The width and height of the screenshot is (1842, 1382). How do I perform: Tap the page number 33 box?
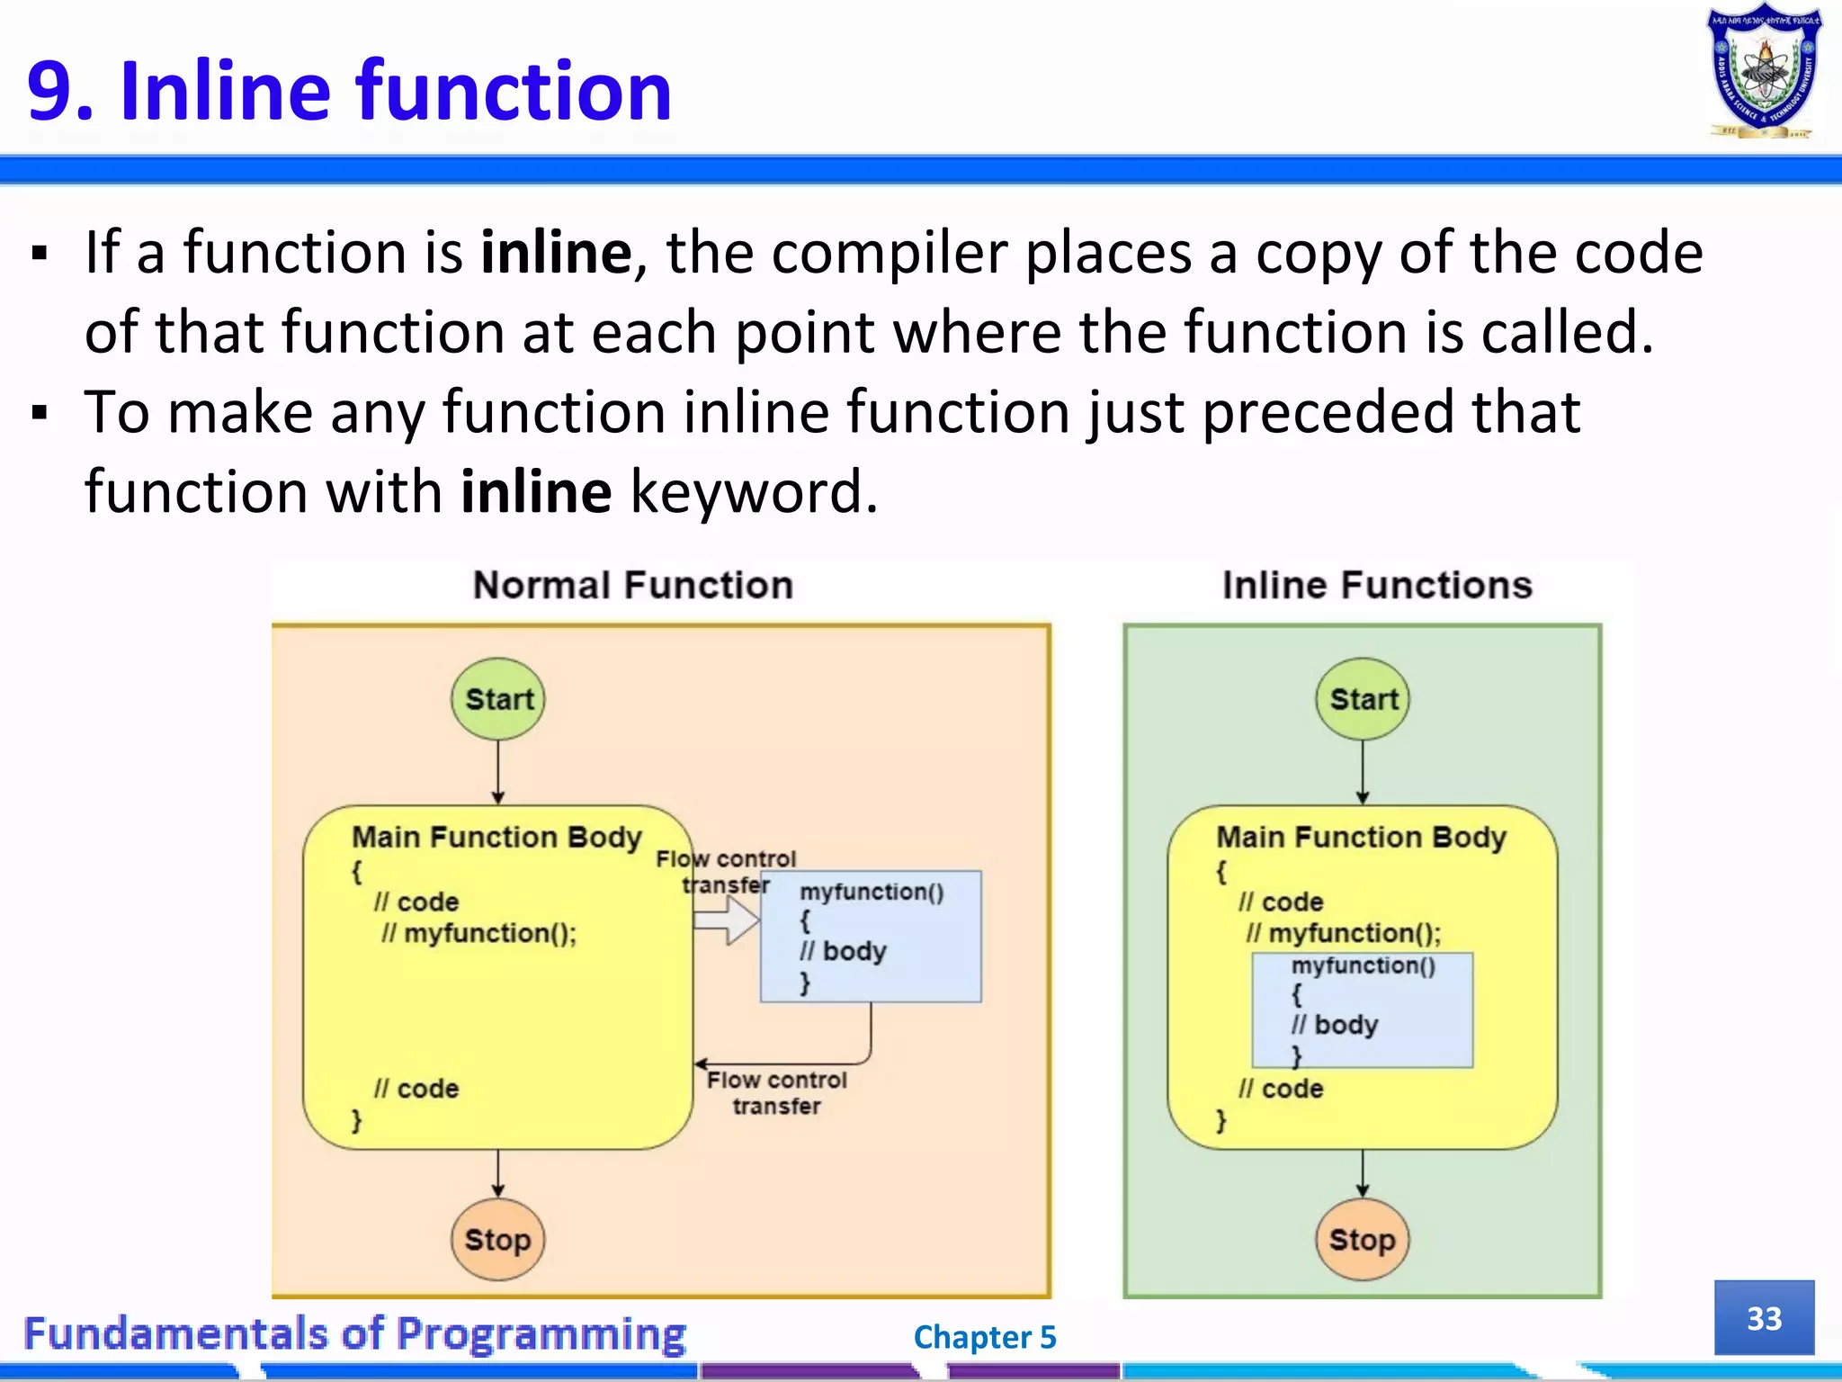click(x=1764, y=1318)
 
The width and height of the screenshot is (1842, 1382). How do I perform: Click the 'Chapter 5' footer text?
click(x=985, y=1337)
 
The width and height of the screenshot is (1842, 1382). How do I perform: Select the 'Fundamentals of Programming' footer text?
click(x=354, y=1333)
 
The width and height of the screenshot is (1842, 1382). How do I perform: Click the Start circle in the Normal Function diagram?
click(x=498, y=699)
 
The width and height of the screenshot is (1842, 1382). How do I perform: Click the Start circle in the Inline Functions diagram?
click(x=1363, y=699)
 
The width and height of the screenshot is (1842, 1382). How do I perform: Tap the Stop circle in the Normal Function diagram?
click(x=497, y=1240)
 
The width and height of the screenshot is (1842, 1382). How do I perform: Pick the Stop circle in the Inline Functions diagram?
click(x=1362, y=1240)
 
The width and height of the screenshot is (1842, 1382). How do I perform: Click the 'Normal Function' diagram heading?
click(x=633, y=586)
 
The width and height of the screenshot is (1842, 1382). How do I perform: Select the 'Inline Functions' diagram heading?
click(x=1377, y=586)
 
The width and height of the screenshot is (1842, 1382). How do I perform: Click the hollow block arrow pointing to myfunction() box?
click(x=727, y=921)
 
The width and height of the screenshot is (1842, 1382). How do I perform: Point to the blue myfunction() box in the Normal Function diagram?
click(x=871, y=936)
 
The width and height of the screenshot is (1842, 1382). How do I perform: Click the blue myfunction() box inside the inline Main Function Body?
click(x=1363, y=1010)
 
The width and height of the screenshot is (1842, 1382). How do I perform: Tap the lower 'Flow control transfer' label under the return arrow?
click(x=776, y=1093)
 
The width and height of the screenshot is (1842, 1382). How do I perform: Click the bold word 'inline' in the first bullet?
click(x=556, y=253)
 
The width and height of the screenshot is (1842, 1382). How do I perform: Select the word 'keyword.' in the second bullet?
click(x=754, y=492)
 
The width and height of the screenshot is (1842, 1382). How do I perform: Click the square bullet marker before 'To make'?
click(x=39, y=414)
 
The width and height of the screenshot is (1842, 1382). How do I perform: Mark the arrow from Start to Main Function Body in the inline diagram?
click(x=1363, y=772)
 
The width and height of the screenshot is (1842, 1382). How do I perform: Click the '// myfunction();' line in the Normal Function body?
click(x=479, y=934)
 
